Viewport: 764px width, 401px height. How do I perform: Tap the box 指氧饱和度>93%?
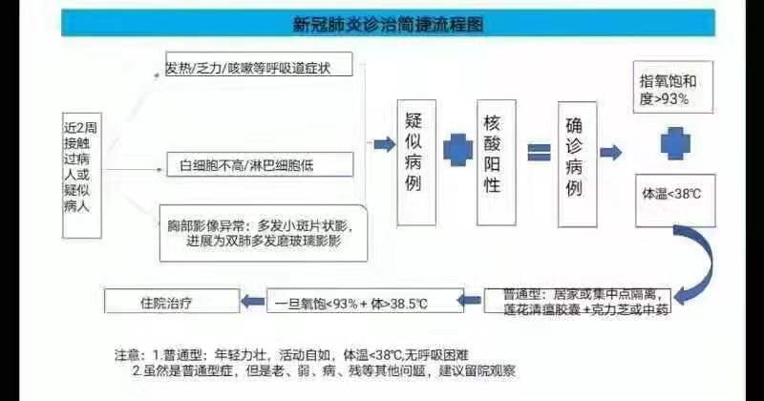(672, 85)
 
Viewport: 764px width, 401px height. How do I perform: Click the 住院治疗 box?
(173, 302)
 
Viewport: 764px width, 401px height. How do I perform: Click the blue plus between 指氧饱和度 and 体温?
(671, 140)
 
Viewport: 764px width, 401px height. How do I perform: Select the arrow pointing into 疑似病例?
(382, 145)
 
